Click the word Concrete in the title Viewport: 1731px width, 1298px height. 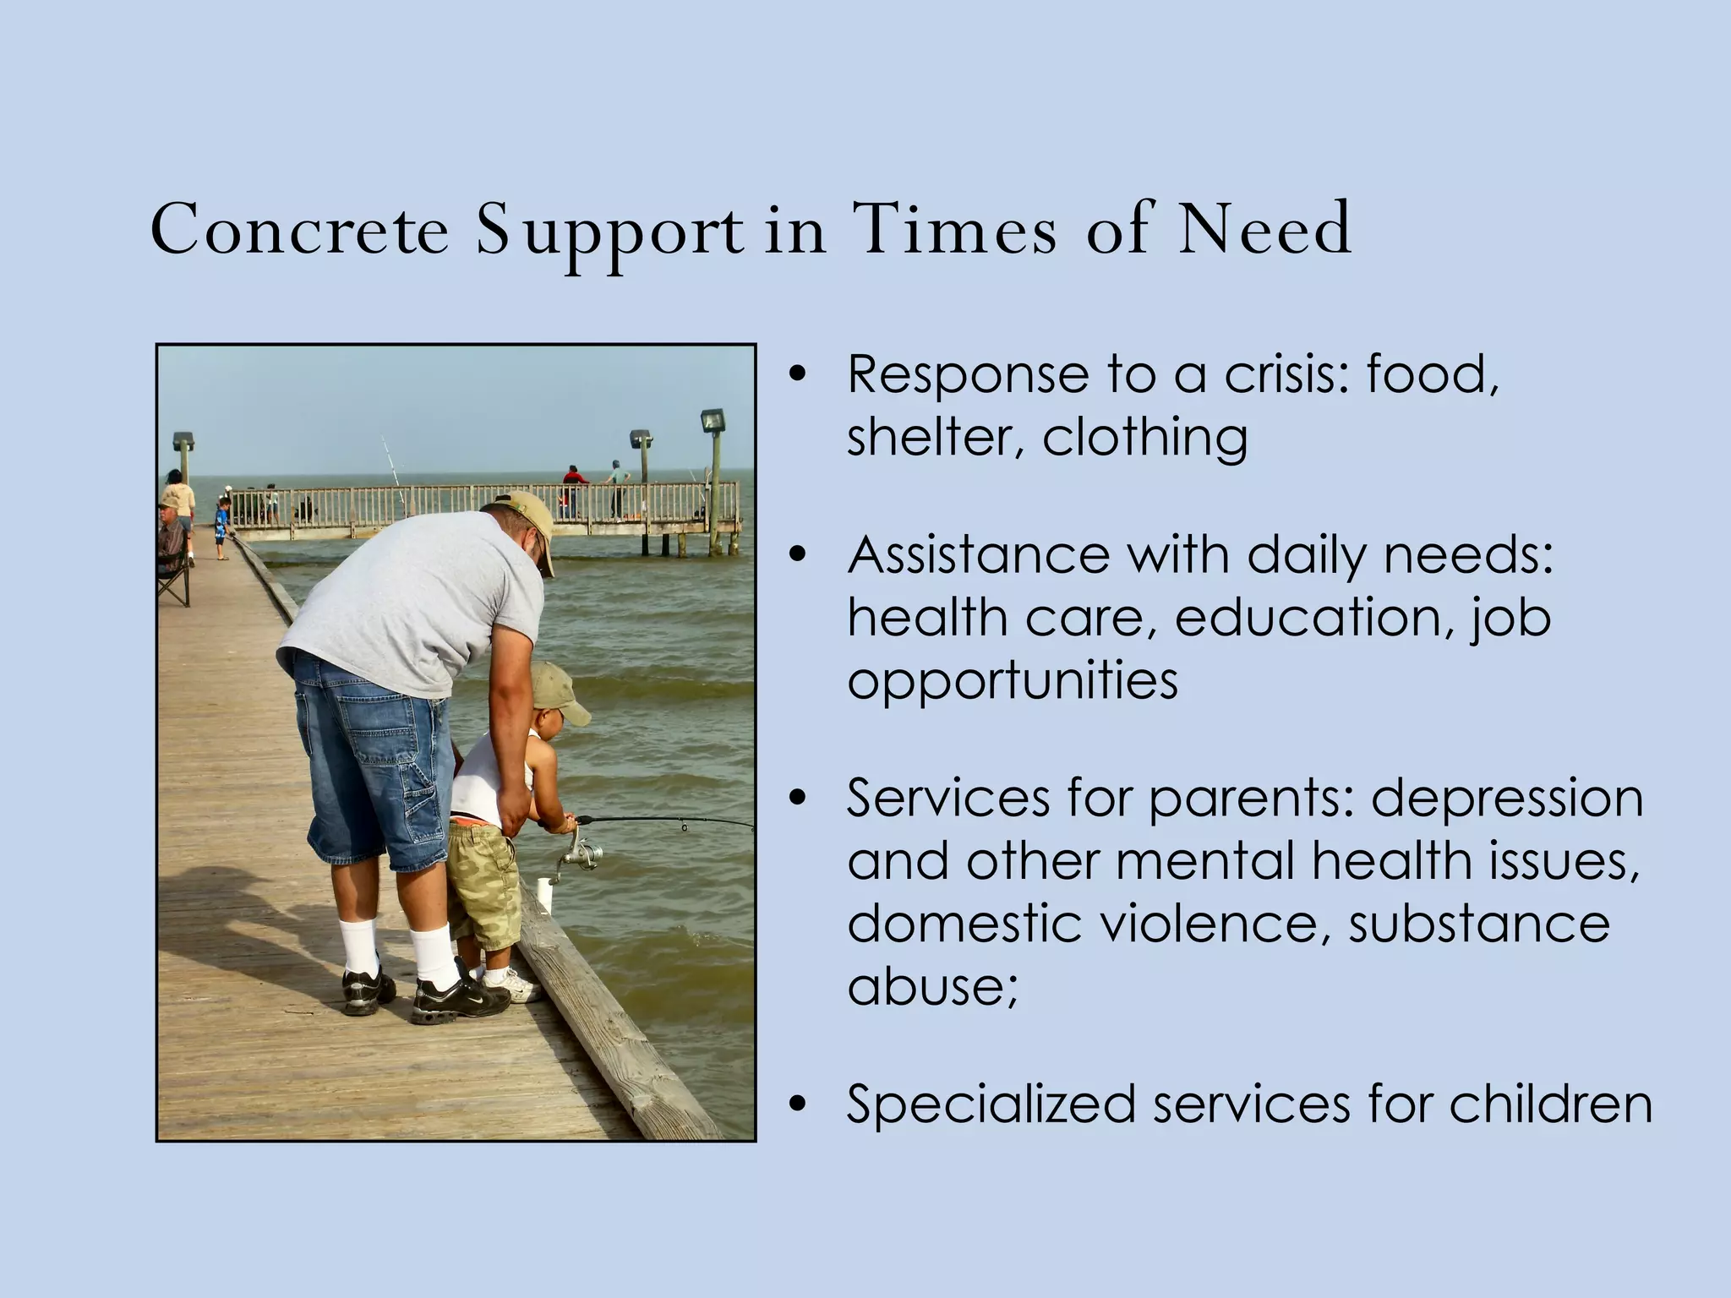(300, 230)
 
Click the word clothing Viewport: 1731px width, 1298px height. (1145, 438)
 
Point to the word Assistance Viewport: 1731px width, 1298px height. (979, 555)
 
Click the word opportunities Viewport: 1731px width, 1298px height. (1013, 681)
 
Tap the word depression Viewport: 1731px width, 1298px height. (1506, 798)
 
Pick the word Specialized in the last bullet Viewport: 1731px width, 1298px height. (991, 1104)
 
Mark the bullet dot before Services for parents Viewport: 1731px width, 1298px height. (795, 799)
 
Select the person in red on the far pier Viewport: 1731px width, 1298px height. (575, 485)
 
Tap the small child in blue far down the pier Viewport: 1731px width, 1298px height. (222, 524)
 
